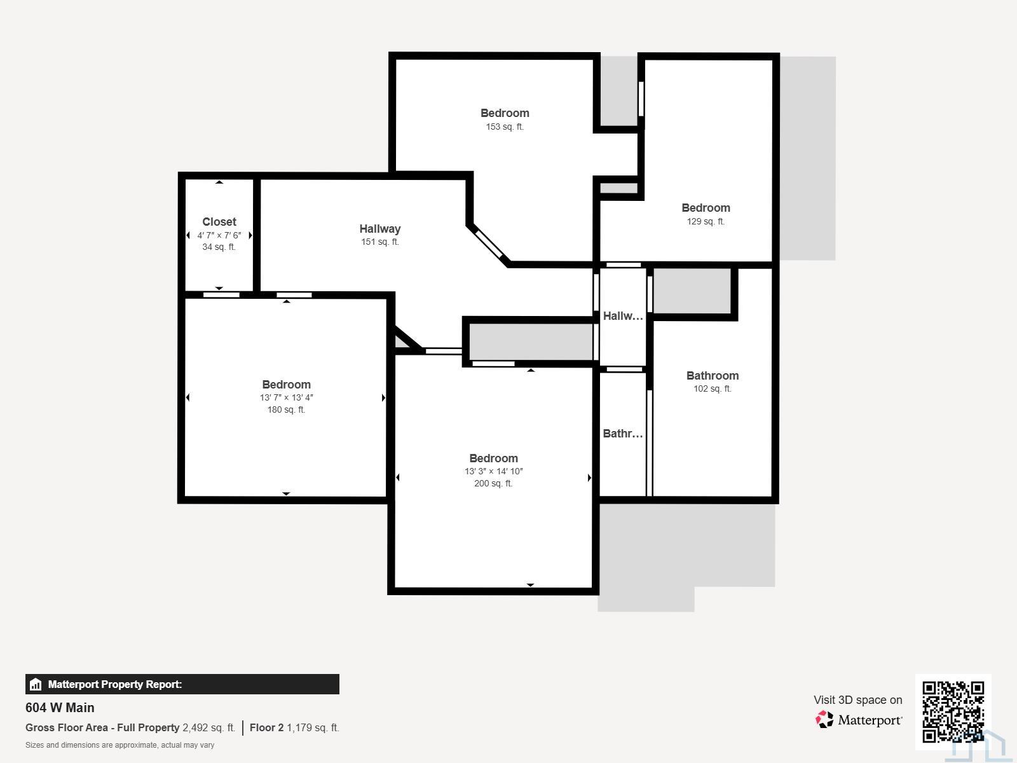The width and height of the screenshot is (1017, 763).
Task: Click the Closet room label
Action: (x=219, y=222)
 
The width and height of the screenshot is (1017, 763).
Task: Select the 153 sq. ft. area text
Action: (x=505, y=127)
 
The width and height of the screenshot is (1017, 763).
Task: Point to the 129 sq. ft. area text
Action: (x=706, y=221)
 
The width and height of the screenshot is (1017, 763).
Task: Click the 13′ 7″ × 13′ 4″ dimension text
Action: (x=286, y=397)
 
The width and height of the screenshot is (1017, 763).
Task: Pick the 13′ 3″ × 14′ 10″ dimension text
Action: (x=493, y=471)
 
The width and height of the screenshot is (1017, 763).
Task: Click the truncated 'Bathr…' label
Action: (x=623, y=434)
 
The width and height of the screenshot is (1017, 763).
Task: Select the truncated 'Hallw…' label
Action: (x=623, y=316)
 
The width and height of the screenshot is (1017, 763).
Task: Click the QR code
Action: (x=953, y=711)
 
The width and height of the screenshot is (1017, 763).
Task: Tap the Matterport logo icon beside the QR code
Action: (x=824, y=720)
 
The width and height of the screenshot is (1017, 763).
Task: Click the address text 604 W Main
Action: (x=60, y=708)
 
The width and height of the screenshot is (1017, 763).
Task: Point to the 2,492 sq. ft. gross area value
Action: (x=209, y=727)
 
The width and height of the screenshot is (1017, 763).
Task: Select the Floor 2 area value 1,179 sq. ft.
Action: (x=313, y=727)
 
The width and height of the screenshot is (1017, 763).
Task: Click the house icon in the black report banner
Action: (x=36, y=684)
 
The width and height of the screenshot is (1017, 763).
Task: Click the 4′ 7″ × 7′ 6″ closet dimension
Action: (x=219, y=235)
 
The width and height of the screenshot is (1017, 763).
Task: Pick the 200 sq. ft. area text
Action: (x=493, y=483)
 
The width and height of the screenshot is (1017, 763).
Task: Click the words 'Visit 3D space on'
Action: (x=857, y=699)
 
